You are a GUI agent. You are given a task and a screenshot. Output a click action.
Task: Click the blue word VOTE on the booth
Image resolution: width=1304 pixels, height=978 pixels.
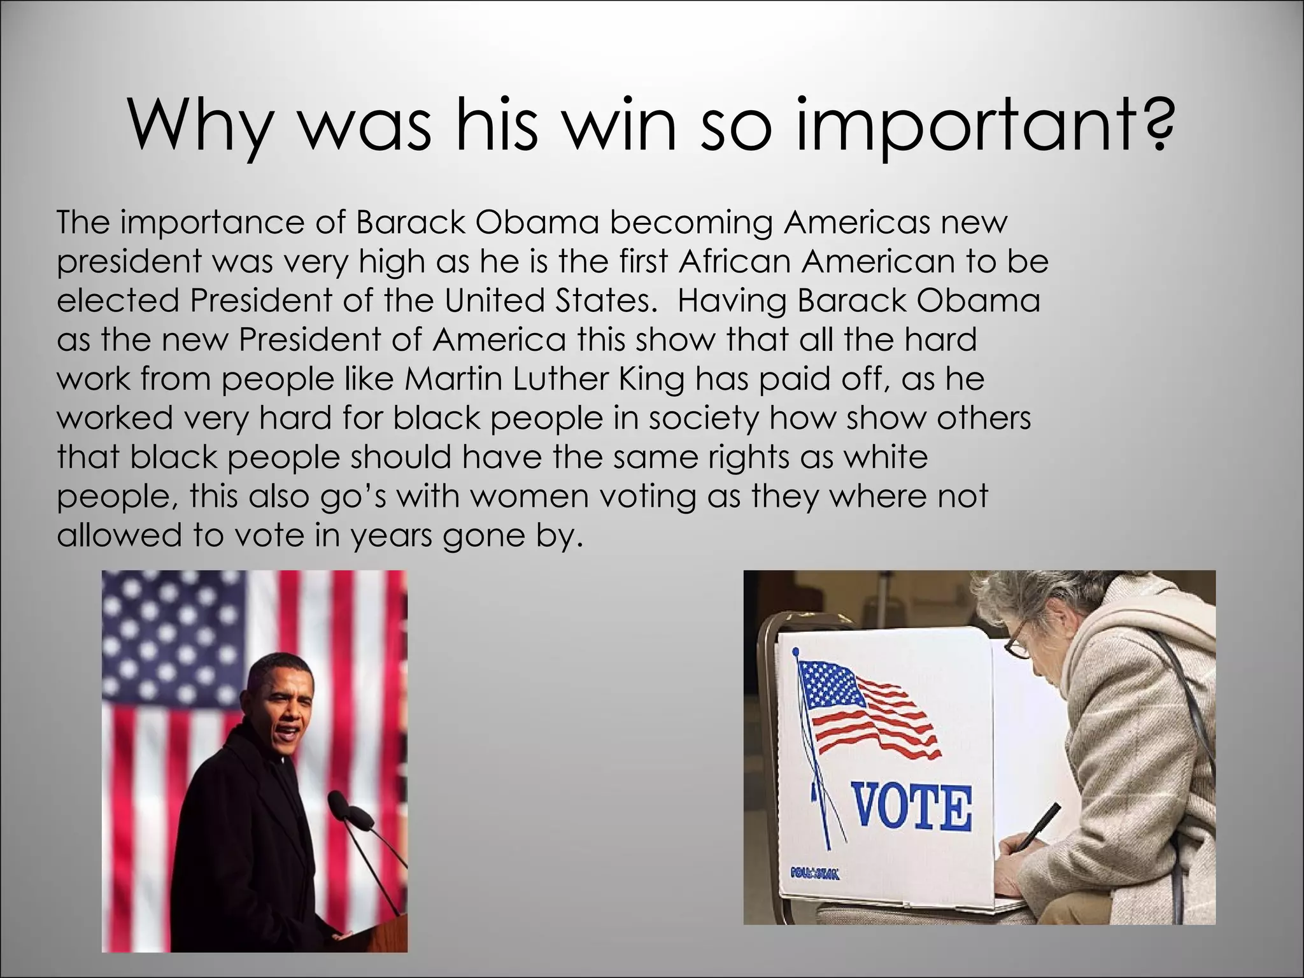(x=911, y=807)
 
